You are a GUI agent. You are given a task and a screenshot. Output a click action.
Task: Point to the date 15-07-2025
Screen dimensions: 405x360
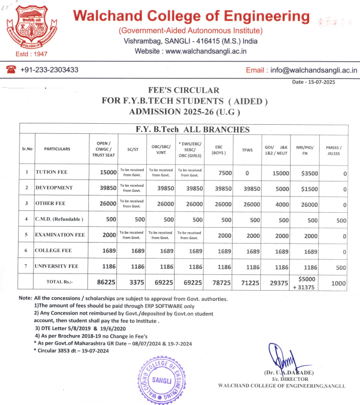320,82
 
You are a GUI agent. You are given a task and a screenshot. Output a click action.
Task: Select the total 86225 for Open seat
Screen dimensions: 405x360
107,282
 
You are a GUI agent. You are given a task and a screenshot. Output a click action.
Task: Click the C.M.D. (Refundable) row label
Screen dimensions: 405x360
59,220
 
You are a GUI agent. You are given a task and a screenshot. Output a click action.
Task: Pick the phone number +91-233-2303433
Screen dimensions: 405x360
49,70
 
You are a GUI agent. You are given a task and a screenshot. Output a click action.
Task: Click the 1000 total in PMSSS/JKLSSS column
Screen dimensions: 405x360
338,283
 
